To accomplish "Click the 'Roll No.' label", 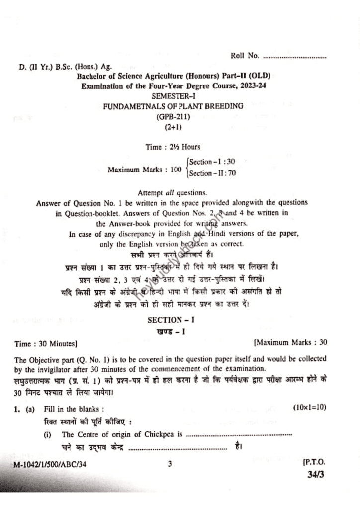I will (x=245, y=56).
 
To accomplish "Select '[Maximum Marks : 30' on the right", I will (x=290, y=342).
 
